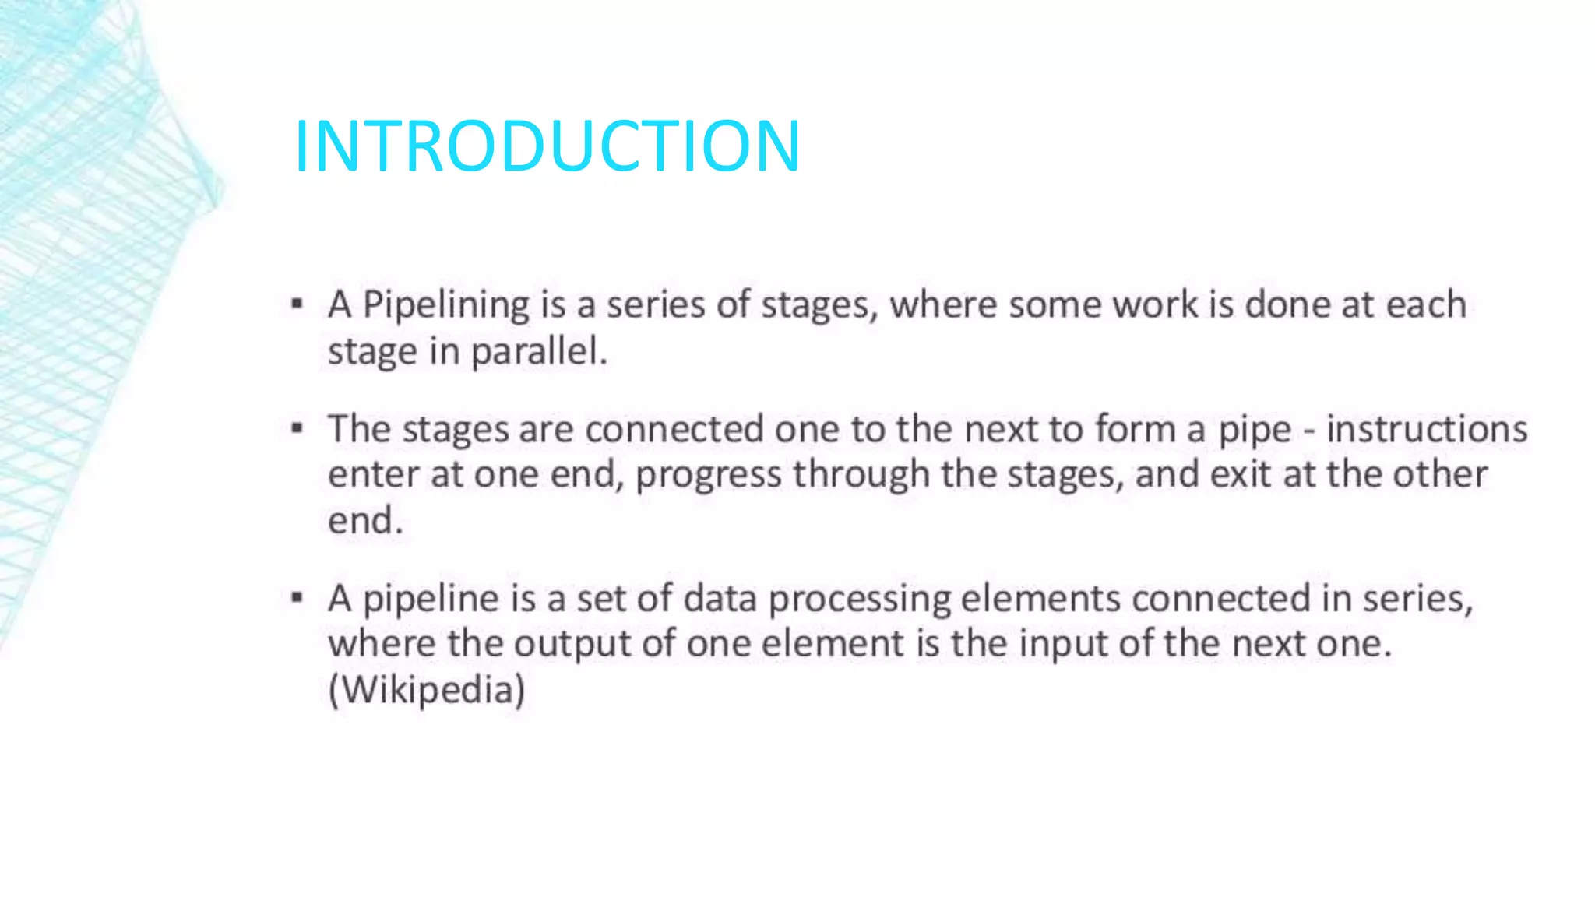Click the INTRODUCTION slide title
pos(547,146)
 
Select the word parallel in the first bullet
pos(538,351)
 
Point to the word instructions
pos(1427,429)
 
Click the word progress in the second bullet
pos(708,475)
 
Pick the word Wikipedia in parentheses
pos(427,690)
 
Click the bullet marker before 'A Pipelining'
pos(297,304)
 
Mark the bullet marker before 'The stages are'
pos(297,427)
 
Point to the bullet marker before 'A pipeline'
pos(297,598)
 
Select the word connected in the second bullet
pos(674,429)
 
